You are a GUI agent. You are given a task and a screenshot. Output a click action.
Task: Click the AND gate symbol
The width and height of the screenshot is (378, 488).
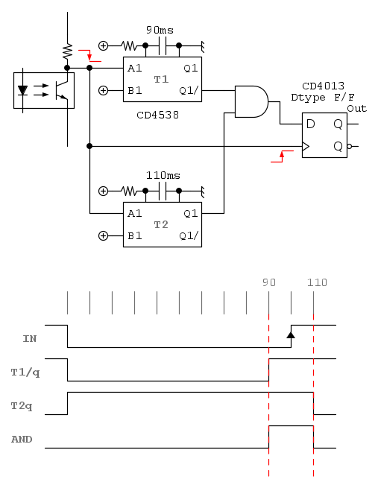pyautogui.click(x=251, y=102)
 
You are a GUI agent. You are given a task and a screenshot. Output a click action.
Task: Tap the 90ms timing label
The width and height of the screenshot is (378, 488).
pyautogui.click(x=160, y=31)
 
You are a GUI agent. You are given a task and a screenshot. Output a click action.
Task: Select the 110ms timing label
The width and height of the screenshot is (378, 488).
pyautogui.click(x=163, y=176)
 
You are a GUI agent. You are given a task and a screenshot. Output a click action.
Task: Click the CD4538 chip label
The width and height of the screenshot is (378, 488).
pyautogui.click(x=158, y=115)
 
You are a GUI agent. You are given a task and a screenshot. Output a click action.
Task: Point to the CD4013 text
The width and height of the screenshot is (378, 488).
pyautogui.click(x=324, y=86)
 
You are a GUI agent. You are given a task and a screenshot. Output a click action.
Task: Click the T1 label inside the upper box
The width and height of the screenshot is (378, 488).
pyautogui.click(x=161, y=80)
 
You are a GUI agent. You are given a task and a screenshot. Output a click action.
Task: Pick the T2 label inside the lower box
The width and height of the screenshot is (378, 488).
pyautogui.click(x=161, y=225)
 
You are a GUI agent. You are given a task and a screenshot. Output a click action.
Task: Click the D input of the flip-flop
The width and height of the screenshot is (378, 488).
pyautogui.click(x=310, y=124)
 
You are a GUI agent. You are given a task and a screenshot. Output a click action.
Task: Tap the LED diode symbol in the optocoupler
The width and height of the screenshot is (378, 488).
pyautogui.click(x=22, y=91)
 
